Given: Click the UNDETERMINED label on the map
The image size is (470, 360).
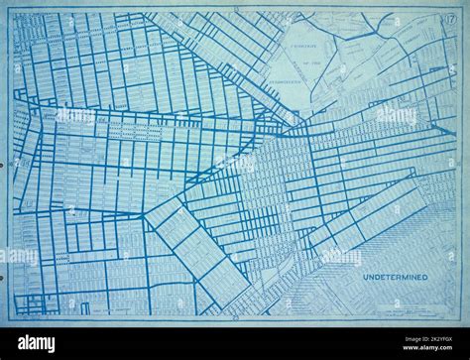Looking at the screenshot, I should (395, 277).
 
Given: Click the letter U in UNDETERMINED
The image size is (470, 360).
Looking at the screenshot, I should (365, 277).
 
